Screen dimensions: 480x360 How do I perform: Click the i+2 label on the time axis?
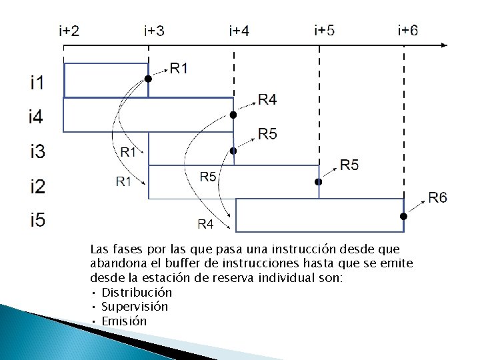pos(69,31)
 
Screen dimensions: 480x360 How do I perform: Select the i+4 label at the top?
pos(239,31)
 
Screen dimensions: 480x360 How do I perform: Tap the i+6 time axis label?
pos(408,31)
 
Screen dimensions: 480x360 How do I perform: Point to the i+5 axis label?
pos(324,31)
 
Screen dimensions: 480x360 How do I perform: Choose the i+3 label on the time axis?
pos(155,31)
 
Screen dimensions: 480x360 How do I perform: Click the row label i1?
pos(37,83)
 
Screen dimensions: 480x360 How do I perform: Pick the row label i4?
pos(37,117)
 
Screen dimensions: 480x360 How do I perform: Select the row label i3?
pos(37,153)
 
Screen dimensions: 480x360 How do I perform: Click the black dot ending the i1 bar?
pos(148,79)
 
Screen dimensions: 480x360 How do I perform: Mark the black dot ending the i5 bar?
pos(403,217)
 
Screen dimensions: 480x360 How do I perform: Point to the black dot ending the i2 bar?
pos(318,181)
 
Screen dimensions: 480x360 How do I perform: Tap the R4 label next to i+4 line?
pos(267,100)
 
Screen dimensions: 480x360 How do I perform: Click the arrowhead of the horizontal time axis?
pos(444,45)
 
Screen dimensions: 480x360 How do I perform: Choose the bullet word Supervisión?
pos(135,307)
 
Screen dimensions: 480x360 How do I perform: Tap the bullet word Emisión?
pos(124,321)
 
